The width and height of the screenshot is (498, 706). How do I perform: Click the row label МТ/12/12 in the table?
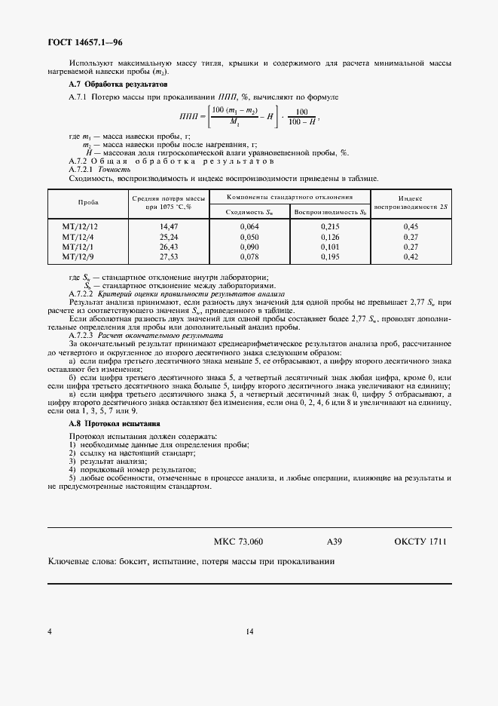81,226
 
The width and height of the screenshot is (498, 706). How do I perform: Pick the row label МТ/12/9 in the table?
79,256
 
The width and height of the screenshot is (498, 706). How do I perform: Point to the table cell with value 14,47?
168,226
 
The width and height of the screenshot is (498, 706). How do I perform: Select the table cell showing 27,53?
168,256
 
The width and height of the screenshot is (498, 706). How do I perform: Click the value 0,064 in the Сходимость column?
249,226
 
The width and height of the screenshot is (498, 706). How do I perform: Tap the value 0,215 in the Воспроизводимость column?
330,226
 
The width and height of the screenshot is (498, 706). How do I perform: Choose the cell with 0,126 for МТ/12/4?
330,236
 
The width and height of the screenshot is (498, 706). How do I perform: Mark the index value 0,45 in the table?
411,226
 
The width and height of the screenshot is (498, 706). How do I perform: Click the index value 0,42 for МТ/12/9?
411,256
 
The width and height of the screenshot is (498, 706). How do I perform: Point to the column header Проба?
89,203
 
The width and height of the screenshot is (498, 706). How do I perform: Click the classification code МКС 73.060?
239,542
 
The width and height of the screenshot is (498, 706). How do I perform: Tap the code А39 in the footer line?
335,542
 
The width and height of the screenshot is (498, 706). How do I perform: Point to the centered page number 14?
249,632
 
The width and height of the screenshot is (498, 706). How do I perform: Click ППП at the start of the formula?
189,117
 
